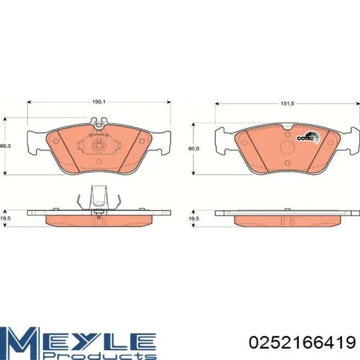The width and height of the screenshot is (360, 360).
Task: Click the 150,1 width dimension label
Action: tap(99, 102)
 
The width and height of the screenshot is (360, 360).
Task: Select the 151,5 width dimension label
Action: tap(287, 103)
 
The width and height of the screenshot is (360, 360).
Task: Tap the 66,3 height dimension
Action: tap(5, 146)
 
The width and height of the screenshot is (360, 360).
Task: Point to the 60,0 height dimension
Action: tap(194, 149)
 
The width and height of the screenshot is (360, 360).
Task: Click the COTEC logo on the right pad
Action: tap(308, 138)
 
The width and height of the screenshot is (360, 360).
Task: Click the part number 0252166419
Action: tap(302, 343)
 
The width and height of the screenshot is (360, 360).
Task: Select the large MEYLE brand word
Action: tap(78, 338)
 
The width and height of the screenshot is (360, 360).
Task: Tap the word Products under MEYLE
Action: tap(100, 354)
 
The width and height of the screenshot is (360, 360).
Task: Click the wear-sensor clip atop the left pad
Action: tap(99, 122)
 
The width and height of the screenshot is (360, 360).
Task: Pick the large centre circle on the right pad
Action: tap(287, 148)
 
